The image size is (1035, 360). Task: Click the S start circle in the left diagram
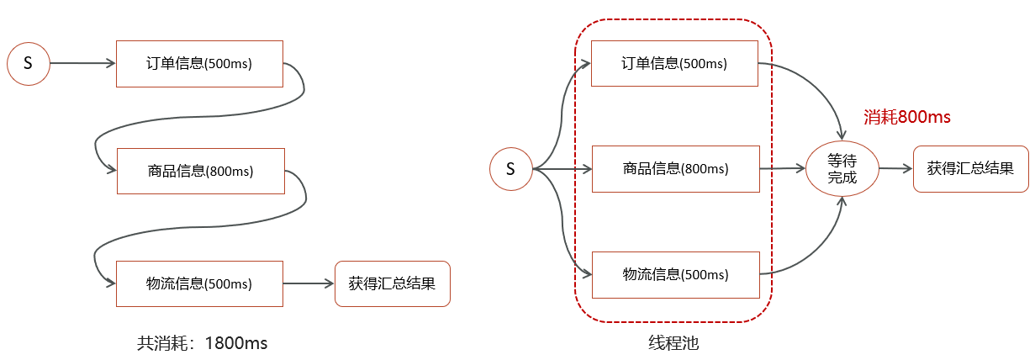point(28,63)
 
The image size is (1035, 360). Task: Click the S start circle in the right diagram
point(510,169)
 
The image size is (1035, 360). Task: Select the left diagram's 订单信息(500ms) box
point(199,63)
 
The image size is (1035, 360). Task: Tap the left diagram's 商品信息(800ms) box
point(200,171)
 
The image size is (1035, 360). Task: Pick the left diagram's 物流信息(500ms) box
point(199,283)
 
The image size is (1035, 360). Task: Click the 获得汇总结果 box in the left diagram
point(392,283)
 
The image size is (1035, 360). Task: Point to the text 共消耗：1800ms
point(202,343)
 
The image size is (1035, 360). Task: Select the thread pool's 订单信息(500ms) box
point(674,63)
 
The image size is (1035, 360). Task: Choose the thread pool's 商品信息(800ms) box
point(676,169)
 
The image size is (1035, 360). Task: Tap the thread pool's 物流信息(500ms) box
point(676,274)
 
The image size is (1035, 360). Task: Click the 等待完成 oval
point(842,169)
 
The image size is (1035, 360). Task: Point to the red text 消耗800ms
point(907,118)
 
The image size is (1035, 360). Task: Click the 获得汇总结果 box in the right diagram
point(970,168)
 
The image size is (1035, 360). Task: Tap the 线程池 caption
point(673,343)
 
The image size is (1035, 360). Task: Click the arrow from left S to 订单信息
point(82,63)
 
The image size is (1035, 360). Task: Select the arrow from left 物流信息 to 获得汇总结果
point(309,283)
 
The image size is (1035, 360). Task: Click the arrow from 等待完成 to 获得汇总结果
point(895,169)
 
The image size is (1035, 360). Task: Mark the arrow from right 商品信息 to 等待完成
point(782,169)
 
